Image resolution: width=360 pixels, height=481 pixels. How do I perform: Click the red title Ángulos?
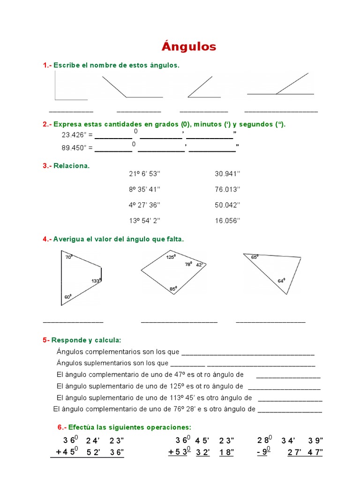tap(189, 46)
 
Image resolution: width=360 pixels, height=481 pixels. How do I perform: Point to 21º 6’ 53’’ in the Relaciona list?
tap(144, 173)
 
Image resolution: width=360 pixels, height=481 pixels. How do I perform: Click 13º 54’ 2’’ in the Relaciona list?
tap(144, 221)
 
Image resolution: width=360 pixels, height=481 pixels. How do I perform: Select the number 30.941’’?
tap(227, 173)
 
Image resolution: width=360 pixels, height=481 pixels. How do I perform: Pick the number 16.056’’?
tap(227, 221)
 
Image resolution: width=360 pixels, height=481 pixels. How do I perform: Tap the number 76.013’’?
tap(227, 189)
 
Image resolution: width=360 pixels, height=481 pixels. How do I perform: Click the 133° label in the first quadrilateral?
tap(96, 280)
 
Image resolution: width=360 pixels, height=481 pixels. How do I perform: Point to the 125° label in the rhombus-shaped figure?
tap(171, 257)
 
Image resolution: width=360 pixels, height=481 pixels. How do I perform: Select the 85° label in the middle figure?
tap(173, 289)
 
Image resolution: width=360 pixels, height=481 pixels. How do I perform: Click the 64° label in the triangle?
tap(281, 280)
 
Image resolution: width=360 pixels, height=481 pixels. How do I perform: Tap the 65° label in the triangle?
tap(255, 257)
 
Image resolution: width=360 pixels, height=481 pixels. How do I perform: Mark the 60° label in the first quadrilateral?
tap(68, 297)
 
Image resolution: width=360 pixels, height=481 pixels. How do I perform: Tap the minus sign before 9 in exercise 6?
tap(259, 452)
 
